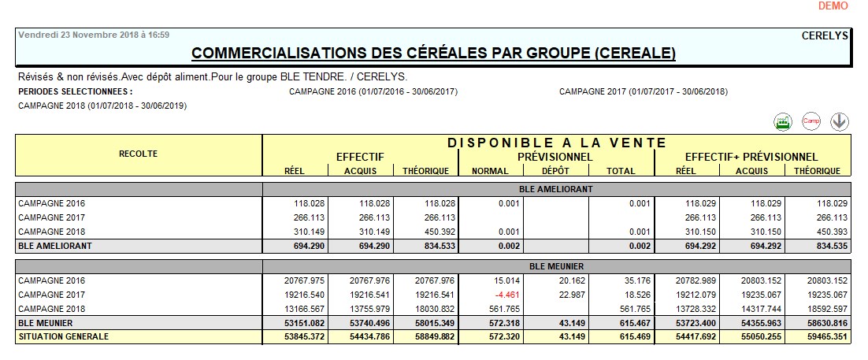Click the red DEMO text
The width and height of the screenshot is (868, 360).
click(833, 6)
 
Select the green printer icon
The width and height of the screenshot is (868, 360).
click(781, 121)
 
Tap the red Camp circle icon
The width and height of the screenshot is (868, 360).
click(811, 121)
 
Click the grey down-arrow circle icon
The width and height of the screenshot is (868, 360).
click(840, 121)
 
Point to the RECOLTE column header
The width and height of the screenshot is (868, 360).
click(139, 154)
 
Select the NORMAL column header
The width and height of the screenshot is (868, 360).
click(489, 171)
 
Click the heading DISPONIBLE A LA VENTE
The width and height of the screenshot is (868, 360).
click(557, 143)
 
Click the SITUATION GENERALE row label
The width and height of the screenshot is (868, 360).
click(64, 337)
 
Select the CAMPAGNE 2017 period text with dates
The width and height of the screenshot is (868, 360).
click(643, 91)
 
